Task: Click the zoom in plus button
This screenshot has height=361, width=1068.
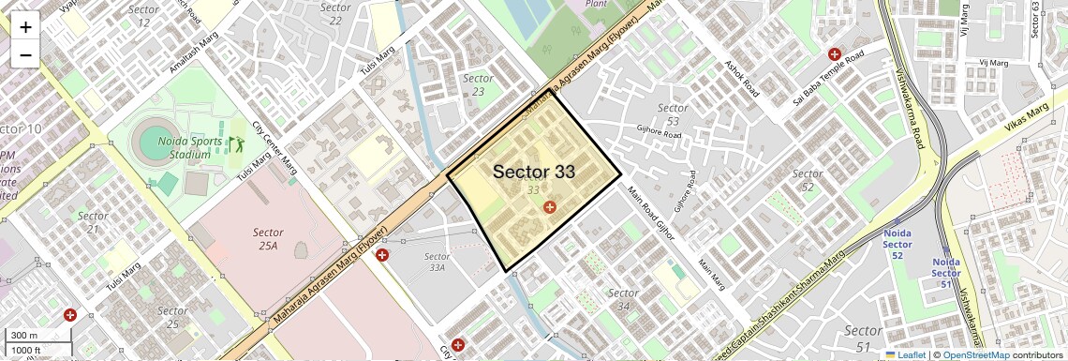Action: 25,27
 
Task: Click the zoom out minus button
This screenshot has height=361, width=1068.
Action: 25,54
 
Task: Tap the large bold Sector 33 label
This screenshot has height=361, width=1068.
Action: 533,172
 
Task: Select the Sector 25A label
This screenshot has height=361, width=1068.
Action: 268,238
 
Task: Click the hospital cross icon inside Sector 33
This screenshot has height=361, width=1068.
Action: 550,206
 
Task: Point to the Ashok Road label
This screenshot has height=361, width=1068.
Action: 741,81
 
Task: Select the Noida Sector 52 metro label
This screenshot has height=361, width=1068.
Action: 897,244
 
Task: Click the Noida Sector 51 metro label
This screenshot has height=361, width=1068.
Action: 946,273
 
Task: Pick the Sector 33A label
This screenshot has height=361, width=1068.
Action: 437,262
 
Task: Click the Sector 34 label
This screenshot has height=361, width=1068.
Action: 623,300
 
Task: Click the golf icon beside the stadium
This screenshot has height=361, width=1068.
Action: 236,144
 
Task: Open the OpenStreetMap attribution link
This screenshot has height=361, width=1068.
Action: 976,355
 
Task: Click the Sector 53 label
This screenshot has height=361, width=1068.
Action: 673,114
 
